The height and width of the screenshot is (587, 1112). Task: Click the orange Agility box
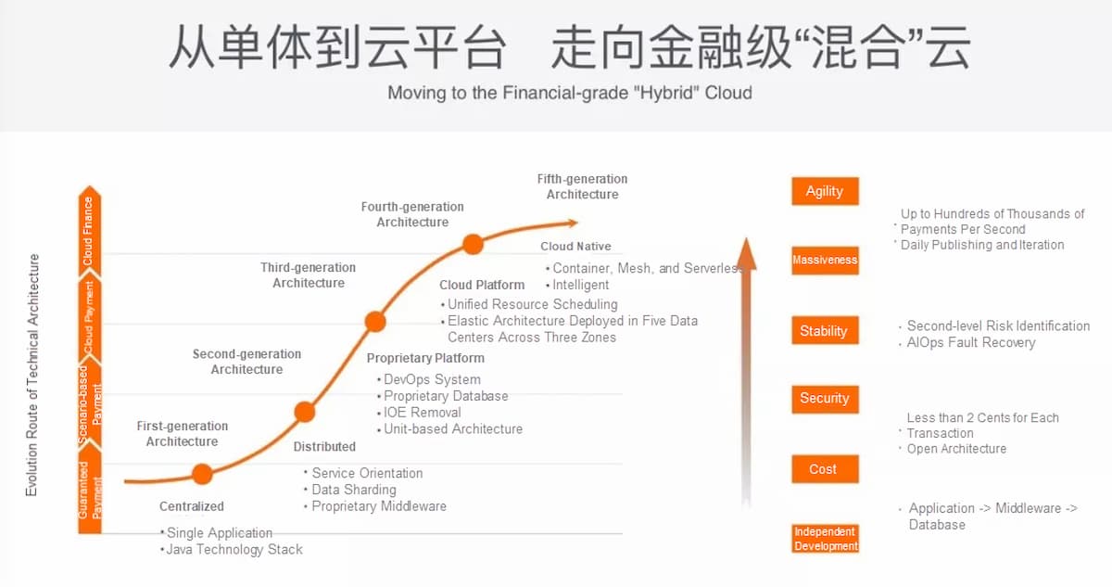click(825, 191)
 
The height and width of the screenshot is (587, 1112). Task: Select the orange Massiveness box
click(825, 260)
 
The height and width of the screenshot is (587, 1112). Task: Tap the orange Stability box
click(824, 331)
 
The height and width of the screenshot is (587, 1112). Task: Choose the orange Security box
click(824, 399)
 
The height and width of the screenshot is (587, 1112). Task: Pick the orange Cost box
click(824, 469)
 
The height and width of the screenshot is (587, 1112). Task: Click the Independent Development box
click(825, 539)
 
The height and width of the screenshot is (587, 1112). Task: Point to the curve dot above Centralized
click(202, 475)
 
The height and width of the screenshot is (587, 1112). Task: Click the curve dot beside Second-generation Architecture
click(304, 412)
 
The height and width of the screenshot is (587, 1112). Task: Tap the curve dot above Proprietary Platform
click(375, 322)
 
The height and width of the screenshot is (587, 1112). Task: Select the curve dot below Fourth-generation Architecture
click(473, 245)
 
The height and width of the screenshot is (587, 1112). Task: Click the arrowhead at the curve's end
click(572, 223)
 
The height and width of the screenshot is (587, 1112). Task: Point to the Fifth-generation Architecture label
click(582, 186)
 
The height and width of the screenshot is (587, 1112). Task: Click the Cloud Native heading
click(575, 247)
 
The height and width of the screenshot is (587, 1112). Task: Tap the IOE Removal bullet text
click(422, 413)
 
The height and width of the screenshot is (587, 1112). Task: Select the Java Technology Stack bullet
click(234, 550)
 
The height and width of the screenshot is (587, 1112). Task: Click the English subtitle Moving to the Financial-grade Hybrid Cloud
click(569, 93)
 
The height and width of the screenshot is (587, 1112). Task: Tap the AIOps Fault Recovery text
click(971, 343)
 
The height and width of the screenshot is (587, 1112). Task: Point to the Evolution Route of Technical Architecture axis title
click(32, 375)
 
